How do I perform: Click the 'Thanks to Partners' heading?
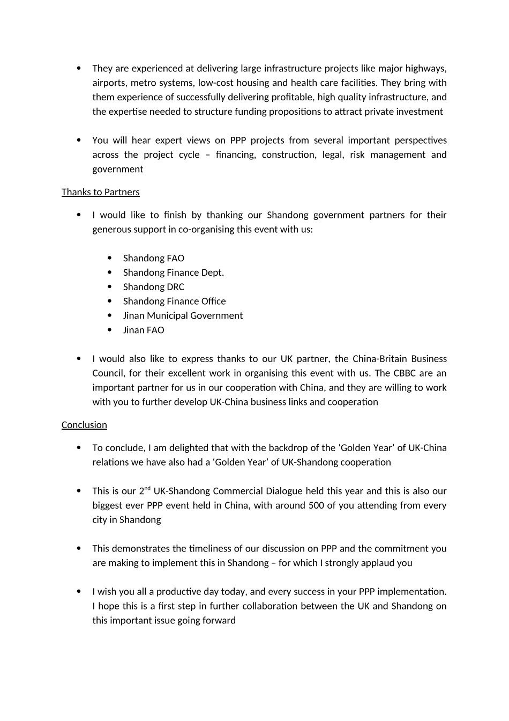click(100, 192)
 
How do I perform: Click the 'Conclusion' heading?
click(84, 425)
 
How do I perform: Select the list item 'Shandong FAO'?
click(153, 258)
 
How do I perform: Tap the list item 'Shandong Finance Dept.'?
click(173, 273)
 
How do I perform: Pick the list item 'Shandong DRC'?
click(153, 287)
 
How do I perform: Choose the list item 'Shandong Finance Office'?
click(174, 301)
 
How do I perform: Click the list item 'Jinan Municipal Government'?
click(183, 316)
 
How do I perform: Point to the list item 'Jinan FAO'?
click(144, 330)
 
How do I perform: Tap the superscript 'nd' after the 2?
click(147, 488)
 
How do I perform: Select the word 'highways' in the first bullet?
click(426, 69)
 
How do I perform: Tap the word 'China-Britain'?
click(380, 359)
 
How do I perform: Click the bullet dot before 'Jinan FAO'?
click(110, 330)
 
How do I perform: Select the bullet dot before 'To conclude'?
click(79, 447)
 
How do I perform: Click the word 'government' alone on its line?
click(118, 170)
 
